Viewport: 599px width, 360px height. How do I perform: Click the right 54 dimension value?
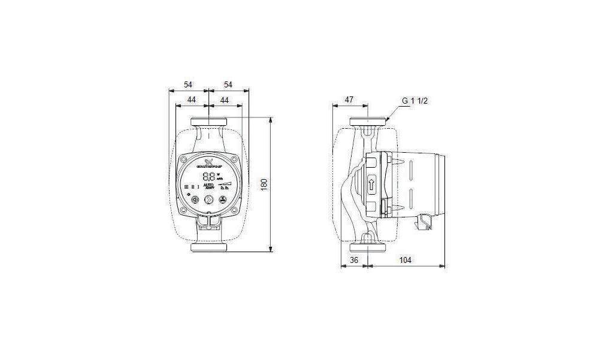(228, 84)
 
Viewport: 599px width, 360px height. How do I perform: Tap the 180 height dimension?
(263, 184)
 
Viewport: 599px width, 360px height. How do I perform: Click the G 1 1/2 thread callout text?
(415, 101)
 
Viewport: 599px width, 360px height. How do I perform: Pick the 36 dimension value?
(353, 261)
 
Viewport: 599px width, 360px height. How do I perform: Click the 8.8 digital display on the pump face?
(208, 177)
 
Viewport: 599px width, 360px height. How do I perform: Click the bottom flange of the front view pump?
(208, 247)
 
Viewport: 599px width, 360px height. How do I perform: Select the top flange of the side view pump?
(367, 123)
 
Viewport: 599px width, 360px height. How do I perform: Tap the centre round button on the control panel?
(209, 201)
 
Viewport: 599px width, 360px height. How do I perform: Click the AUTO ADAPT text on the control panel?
(209, 187)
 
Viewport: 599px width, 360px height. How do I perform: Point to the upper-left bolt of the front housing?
(184, 161)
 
